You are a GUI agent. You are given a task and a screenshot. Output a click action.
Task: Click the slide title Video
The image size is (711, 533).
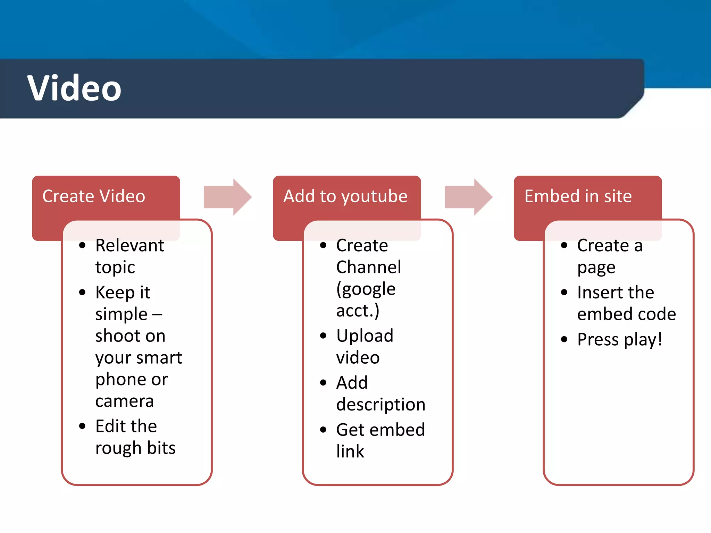[x=74, y=88]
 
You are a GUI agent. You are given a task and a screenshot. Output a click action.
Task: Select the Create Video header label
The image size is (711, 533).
[x=94, y=196]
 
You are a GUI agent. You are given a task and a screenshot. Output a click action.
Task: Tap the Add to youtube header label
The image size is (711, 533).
[x=345, y=196]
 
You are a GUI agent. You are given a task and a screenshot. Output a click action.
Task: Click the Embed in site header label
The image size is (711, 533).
[x=578, y=196]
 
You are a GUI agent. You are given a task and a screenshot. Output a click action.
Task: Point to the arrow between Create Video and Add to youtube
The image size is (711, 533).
[x=227, y=197]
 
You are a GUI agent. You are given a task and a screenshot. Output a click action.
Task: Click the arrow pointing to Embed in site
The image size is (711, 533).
[x=468, y=197]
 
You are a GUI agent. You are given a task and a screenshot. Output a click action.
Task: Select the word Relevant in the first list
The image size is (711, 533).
[x=129, y=246]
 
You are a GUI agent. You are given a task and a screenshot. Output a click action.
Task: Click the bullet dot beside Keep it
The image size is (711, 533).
[x=82, y=293]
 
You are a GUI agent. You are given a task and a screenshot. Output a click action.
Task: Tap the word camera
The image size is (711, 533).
[x=124, y=401]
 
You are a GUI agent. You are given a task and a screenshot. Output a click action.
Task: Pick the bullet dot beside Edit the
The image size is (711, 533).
[x=82, y=426]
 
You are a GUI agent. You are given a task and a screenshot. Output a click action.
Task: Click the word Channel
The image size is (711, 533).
[x=369, y=267]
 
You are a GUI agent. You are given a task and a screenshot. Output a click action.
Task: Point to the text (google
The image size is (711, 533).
[x=366, y=289]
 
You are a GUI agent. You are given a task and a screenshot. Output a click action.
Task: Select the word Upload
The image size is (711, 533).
[x=365, y=336]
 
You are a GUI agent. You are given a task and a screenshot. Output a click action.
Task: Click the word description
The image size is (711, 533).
[x=381, y=405]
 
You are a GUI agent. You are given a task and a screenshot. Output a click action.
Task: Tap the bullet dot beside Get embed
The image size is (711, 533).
[x=323, y=430]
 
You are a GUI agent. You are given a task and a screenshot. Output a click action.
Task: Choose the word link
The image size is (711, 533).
[x=350, y=451]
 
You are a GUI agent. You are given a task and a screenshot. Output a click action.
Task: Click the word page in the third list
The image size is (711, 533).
[x=596, y=268]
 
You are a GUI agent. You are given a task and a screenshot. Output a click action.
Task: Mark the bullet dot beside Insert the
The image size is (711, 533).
[x=564, y=293]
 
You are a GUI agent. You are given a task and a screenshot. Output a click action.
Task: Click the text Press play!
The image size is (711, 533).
[x=619, y=339]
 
